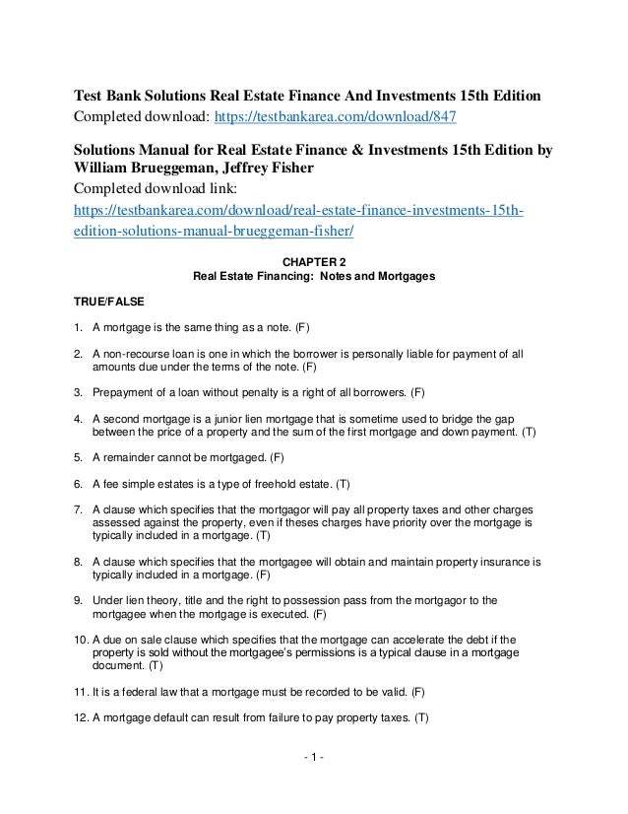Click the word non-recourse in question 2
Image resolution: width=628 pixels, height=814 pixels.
(136, 352)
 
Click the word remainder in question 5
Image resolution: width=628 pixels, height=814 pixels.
(132, 458)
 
